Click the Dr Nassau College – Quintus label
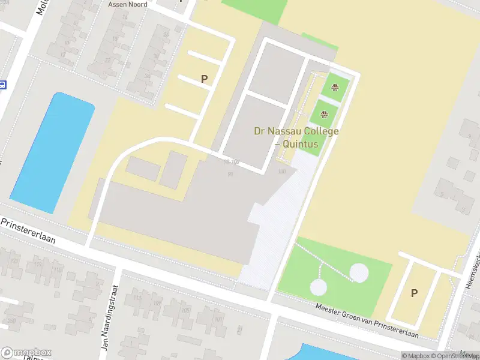pos(296,137)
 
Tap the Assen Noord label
pos(128,4)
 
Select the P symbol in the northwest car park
pos(204,79)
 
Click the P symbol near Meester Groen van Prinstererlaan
pos(414,293)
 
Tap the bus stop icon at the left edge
pos(2,85)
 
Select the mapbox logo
pos(26,353)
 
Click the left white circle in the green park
pos(319,287)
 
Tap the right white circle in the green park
pos(359,273)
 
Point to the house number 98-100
pos(232,162)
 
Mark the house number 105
pos(185,310)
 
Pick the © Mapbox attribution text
pos(416,356)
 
